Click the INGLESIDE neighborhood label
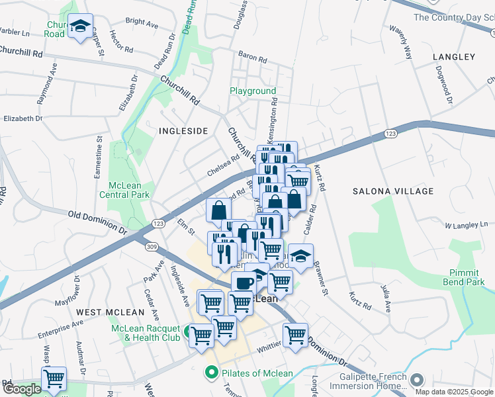click(183, 131)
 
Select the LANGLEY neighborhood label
click(454, 58)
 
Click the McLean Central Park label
click(124, 190)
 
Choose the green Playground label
click(253, 91)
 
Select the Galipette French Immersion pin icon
click(416, 380)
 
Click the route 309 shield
click(152, 246)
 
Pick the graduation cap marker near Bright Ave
click(81, 26)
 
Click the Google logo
click(21, 389)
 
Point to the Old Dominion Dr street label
click(97, 222)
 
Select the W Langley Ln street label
click(466, 226)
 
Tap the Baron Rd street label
click(251, 58)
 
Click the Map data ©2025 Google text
click(453, 391)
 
